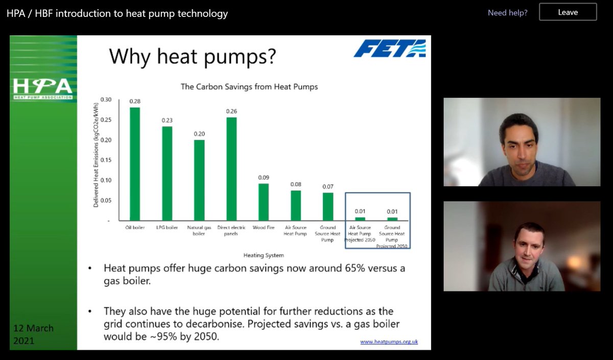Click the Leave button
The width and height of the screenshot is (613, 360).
click(568, 12)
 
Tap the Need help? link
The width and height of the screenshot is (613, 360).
click(507, 12)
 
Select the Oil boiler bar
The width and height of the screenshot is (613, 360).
click(135, 163)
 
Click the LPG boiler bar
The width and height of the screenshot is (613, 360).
click(167, 173)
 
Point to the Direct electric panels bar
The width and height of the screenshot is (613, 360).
click(231, 169)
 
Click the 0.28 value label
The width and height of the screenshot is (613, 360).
click(135, 101)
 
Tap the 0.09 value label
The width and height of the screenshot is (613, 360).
click(263, 178)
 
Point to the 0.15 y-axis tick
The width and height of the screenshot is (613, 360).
click(105, 160)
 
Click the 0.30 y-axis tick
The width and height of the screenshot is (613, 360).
click(105, 100)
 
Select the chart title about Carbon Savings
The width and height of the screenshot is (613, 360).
click(249, 87)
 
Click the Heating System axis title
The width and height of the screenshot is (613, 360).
click(263, 255)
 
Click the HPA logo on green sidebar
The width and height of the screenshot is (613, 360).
click(43, 88)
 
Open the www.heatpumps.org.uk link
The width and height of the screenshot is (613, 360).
click(389, 342)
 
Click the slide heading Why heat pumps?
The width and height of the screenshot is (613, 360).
click(193, 56)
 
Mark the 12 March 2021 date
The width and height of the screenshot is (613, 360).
click(34, 334)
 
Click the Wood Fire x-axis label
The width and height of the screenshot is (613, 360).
click(263, 228)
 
